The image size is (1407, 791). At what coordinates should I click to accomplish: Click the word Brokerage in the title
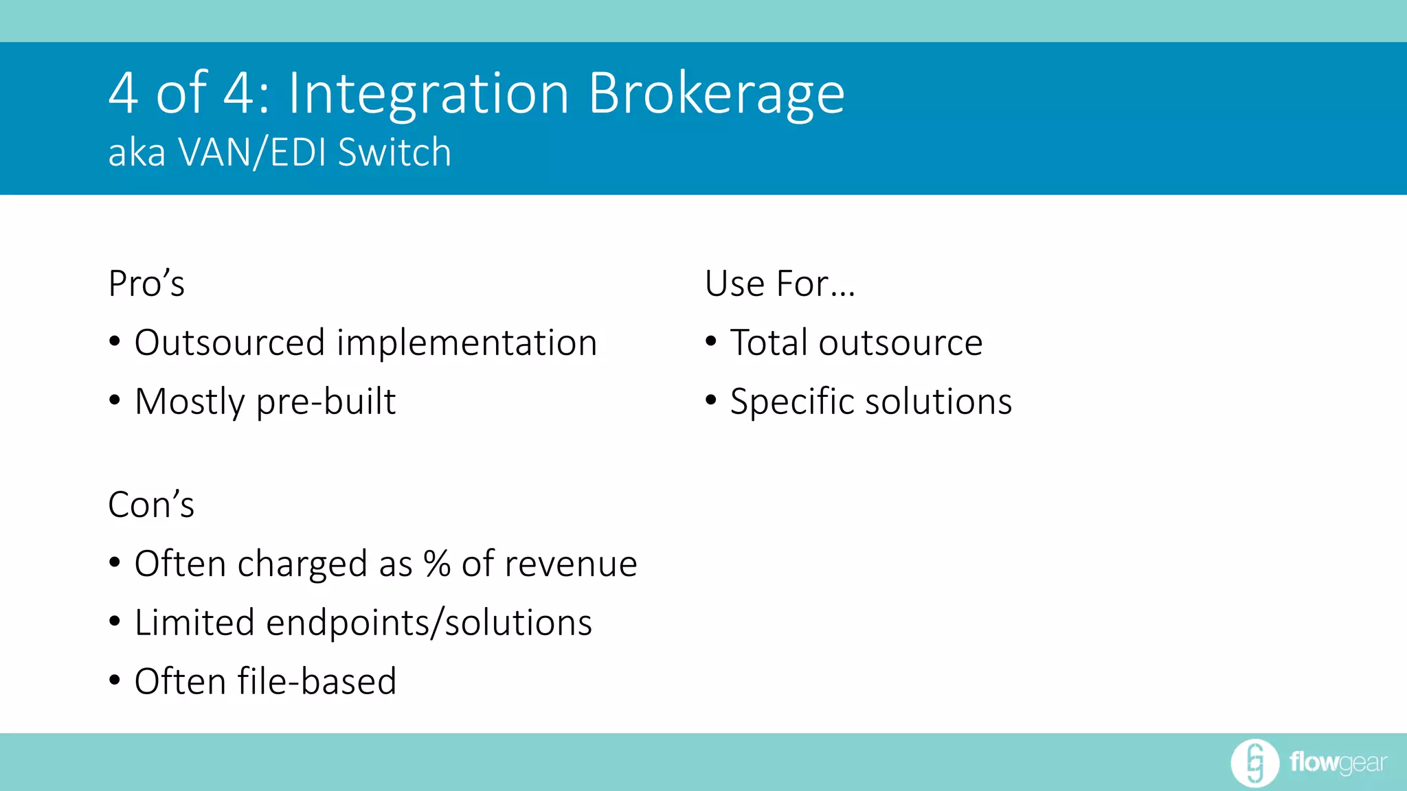point(716,95)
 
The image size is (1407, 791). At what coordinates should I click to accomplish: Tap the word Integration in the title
point(428,95)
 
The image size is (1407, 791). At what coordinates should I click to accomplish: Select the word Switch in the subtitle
point(394,152)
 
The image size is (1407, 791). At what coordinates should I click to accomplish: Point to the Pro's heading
point(146,284)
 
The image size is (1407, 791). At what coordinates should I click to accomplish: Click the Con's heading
point(151,505)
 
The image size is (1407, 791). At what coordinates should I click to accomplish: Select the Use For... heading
point(780,284)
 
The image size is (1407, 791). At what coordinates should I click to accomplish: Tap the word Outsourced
point(229,343)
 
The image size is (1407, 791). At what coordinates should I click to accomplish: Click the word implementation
point(466,343)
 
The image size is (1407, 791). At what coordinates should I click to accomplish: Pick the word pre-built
point(326,402)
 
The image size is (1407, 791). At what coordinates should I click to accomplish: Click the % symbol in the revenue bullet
point(437,564)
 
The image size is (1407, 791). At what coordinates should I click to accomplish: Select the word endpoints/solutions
point(429,623)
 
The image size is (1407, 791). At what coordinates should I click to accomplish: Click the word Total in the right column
point(768,343)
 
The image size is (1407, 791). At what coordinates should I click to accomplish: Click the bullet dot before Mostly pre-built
point(115,400)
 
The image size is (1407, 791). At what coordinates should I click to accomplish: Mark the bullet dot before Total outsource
point(711,341)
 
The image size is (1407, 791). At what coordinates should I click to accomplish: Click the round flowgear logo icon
point(1254,763)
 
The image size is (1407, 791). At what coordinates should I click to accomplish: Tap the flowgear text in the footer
point(1338,763)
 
